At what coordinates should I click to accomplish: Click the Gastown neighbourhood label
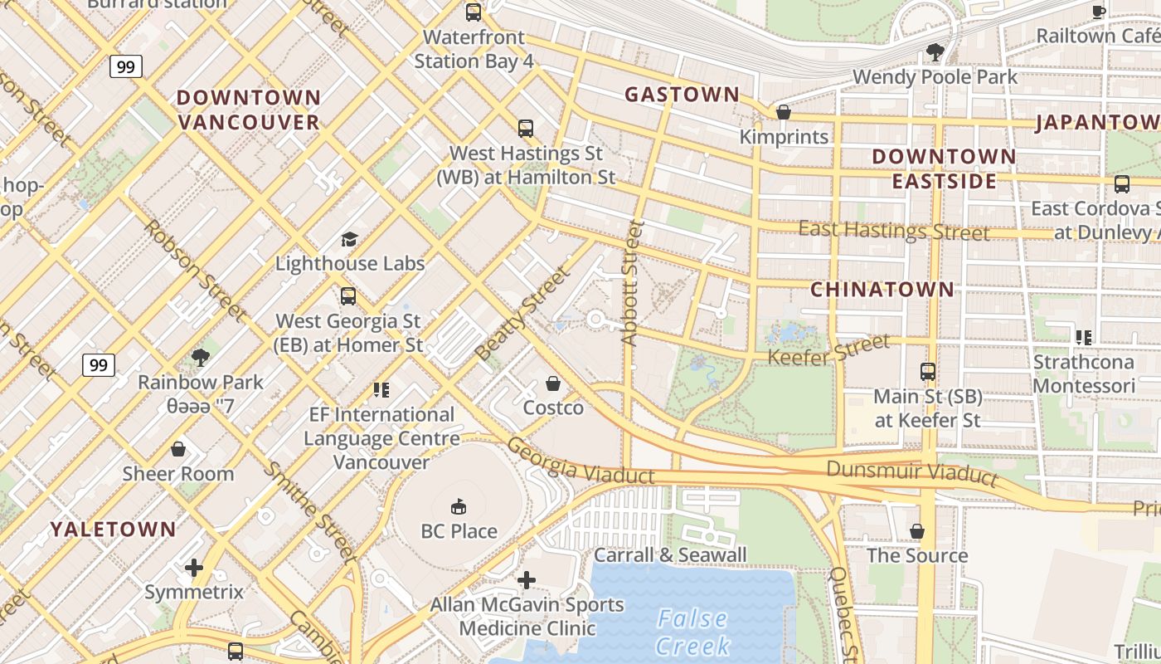pyautogui.click(x=682, y=95)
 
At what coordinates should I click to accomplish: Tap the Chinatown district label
pyautogui.click(x=882, y=290)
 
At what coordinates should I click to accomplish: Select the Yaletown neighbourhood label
pyautogui.click(x=113, y=530)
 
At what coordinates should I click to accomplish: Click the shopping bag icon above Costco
pyautogui.click(x=553, y=383)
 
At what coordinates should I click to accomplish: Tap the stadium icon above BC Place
pyautogui.click(x=459, y=506)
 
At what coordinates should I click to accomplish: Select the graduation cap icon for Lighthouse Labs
pyautogui.click(x=349, y=240)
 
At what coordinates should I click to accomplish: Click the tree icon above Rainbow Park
pyautogui.click(x=200, y=358)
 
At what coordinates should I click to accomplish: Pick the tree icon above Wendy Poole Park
pyautogui.click(x=935, y=52)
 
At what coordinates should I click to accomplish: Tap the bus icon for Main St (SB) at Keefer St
pyautogui.click(x=928, y=372)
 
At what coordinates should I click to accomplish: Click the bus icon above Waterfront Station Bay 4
pyautogui.click(x=474, y=12)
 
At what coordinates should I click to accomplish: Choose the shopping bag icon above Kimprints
pyautogui.click(x=783, y=112)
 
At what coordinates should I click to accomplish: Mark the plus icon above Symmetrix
pyautogui.click(x=194, y=568)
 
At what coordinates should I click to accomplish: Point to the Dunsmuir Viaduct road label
pyautogui.click(x=912, y=471)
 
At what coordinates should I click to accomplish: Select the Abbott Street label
pyautogui.click(x=631, y=282)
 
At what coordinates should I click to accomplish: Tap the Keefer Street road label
pyautogui.click(x=828, y=350)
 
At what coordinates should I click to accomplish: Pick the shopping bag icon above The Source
pyautogui.click(x=917, y=531)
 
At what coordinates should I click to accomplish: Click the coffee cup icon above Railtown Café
pyautogui.click(x=1099, y=12)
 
